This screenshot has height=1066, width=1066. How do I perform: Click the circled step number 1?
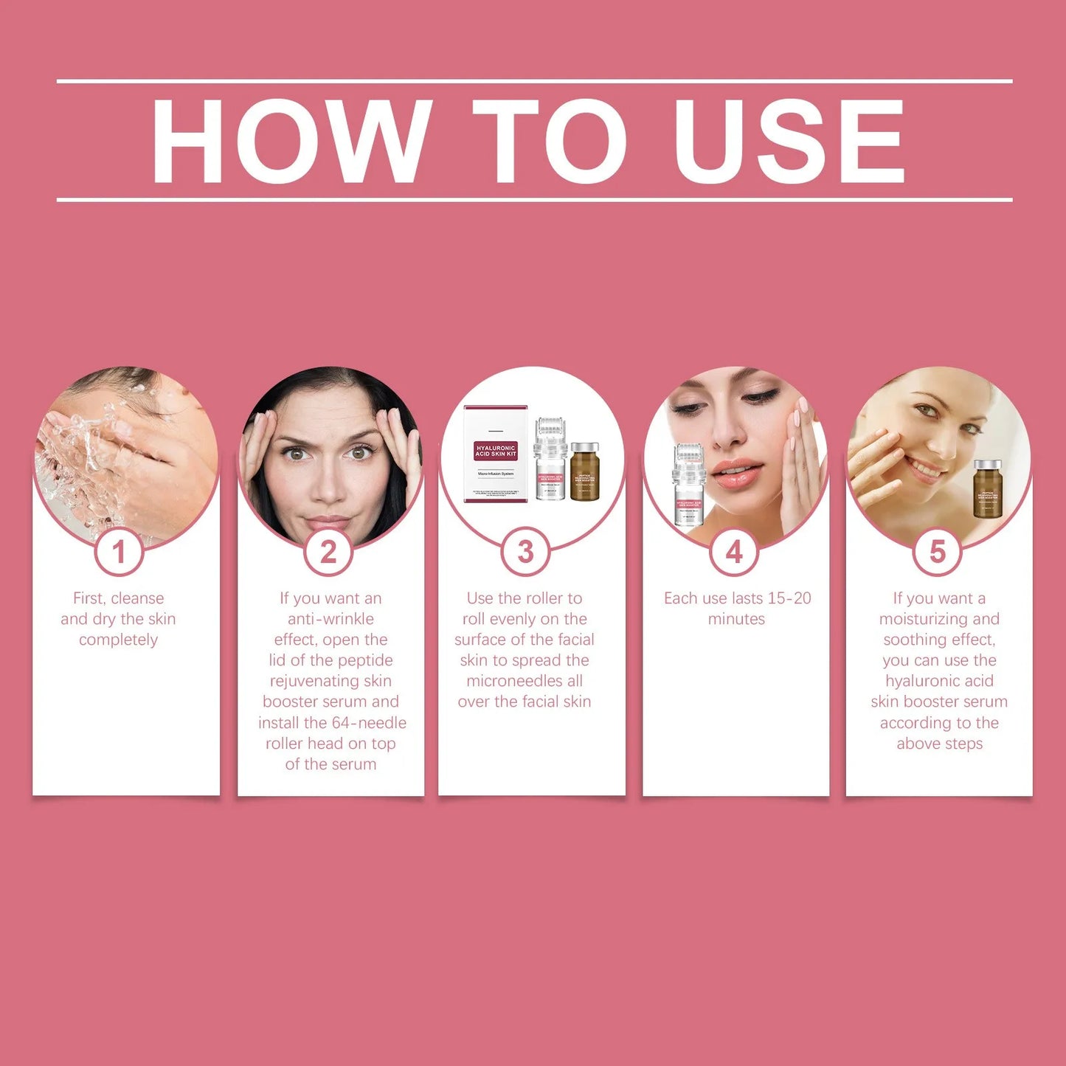[118, 552]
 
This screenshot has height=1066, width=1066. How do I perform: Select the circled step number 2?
[328, 552]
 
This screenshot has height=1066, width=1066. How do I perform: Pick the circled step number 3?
[525, 552]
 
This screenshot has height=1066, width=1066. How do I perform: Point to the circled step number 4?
[734, 552]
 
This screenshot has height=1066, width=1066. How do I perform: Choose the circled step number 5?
[938, 552]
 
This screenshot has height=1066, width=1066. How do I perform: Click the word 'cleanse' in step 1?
[137, 598]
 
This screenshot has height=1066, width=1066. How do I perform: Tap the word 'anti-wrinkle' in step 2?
[330, 619]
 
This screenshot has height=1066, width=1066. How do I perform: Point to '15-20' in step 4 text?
[790, 598]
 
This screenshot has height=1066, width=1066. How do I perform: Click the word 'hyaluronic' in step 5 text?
[939, 681]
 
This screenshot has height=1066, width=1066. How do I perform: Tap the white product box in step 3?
[495, 454]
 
